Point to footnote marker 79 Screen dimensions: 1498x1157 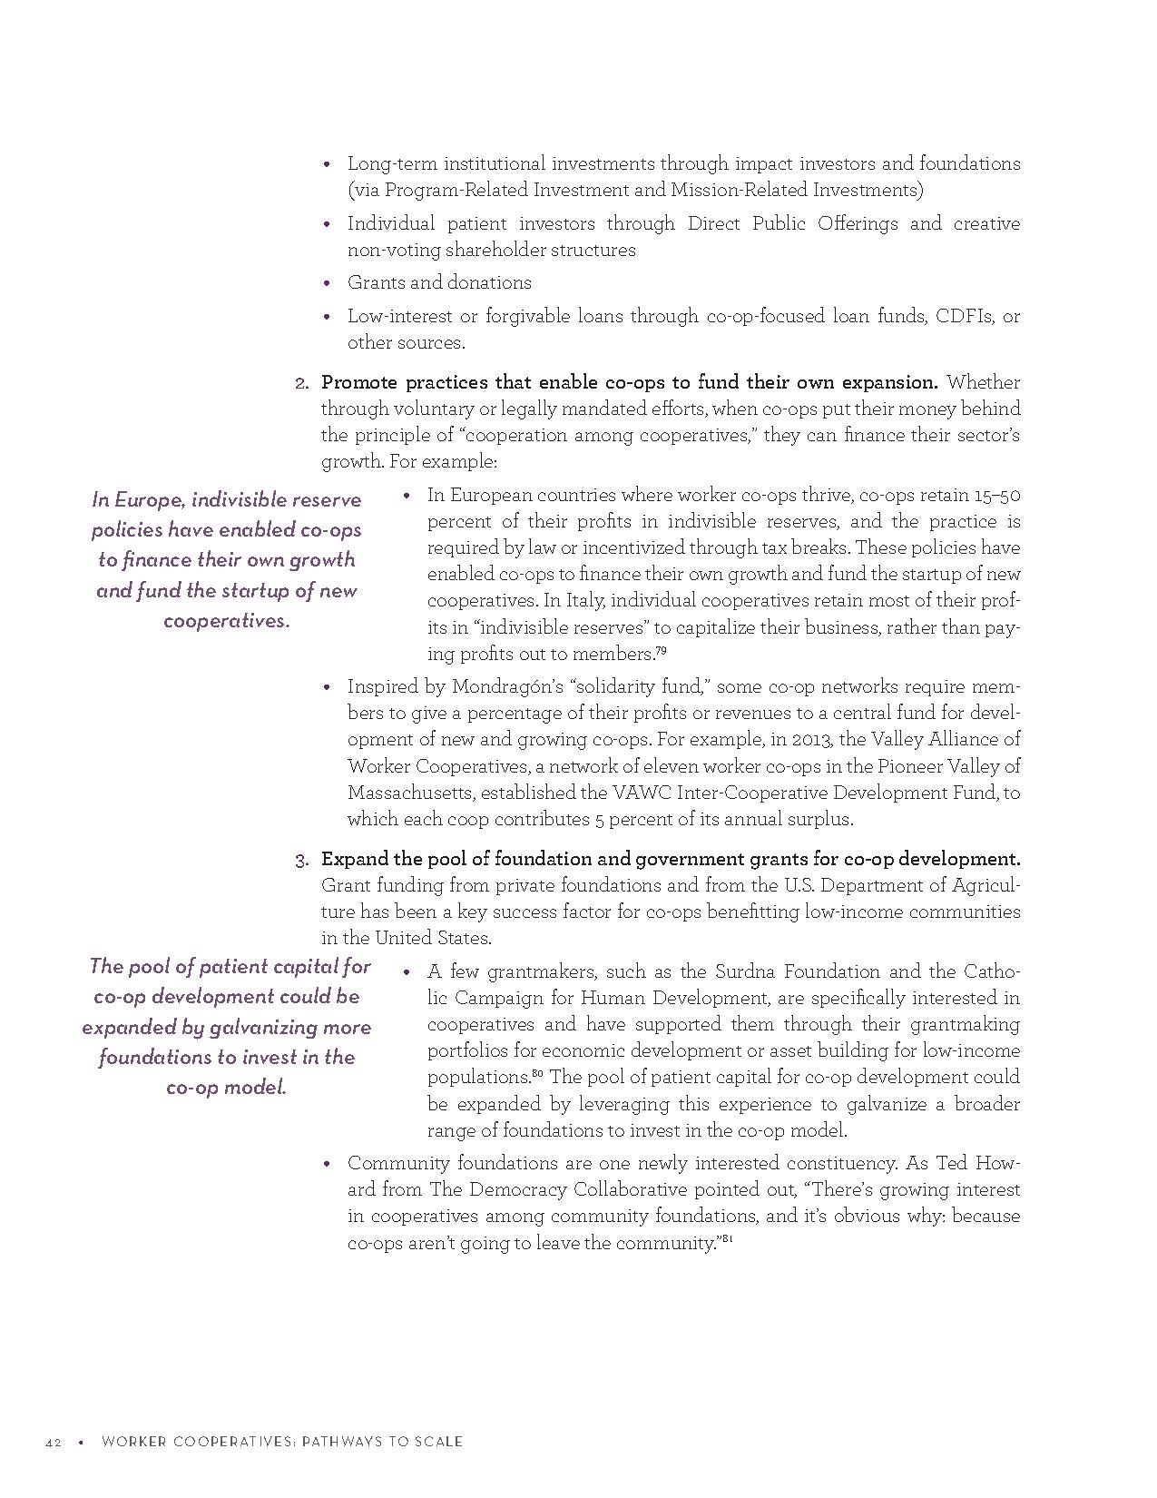pos(662,649)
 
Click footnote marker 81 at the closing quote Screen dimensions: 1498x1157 pos(727,1239)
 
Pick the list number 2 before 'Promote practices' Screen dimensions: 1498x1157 pos(302,383)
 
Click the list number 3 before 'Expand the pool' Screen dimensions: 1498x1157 pos(302,859)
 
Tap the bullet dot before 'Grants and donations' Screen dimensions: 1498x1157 pos(328,283)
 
